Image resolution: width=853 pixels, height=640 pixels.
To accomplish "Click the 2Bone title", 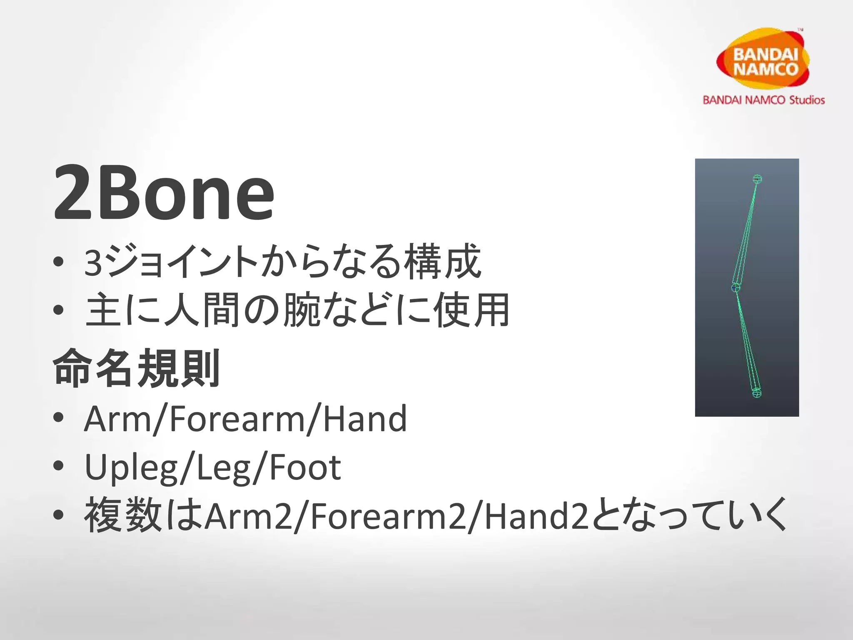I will click(164, 192).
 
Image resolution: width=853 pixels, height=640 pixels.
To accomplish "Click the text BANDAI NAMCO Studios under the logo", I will click(763, 100).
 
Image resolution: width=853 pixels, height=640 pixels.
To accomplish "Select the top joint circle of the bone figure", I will click(757, 179).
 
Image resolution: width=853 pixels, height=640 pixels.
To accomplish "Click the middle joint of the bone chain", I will click(736, 287).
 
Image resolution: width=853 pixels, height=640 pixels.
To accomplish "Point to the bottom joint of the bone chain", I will click(757, 392).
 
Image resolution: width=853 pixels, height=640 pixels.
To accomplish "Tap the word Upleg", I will click(131, 467).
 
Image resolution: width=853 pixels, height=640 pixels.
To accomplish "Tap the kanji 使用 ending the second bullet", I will click(471, 310).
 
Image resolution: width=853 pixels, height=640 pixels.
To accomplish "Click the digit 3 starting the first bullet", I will click(93, 263).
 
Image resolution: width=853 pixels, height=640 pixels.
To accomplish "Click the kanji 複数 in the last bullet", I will click(123, 515).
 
